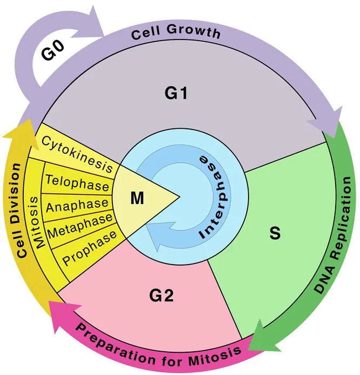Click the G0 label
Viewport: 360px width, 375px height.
[x=53, y=50]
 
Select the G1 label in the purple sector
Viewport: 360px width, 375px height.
[x=176, y=93]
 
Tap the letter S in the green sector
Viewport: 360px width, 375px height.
[x=275, y=233]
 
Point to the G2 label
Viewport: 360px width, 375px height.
[x=162, y=295]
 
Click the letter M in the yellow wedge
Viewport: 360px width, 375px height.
[x=137, y=198]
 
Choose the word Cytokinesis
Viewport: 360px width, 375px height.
[x=77, y=154]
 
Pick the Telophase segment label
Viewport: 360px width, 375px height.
[x=77, y=183]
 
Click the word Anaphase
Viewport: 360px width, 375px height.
[x=77, y=206]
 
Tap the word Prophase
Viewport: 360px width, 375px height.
[x=90, y=248]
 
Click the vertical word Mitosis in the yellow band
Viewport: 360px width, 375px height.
[x=37, y=222]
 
